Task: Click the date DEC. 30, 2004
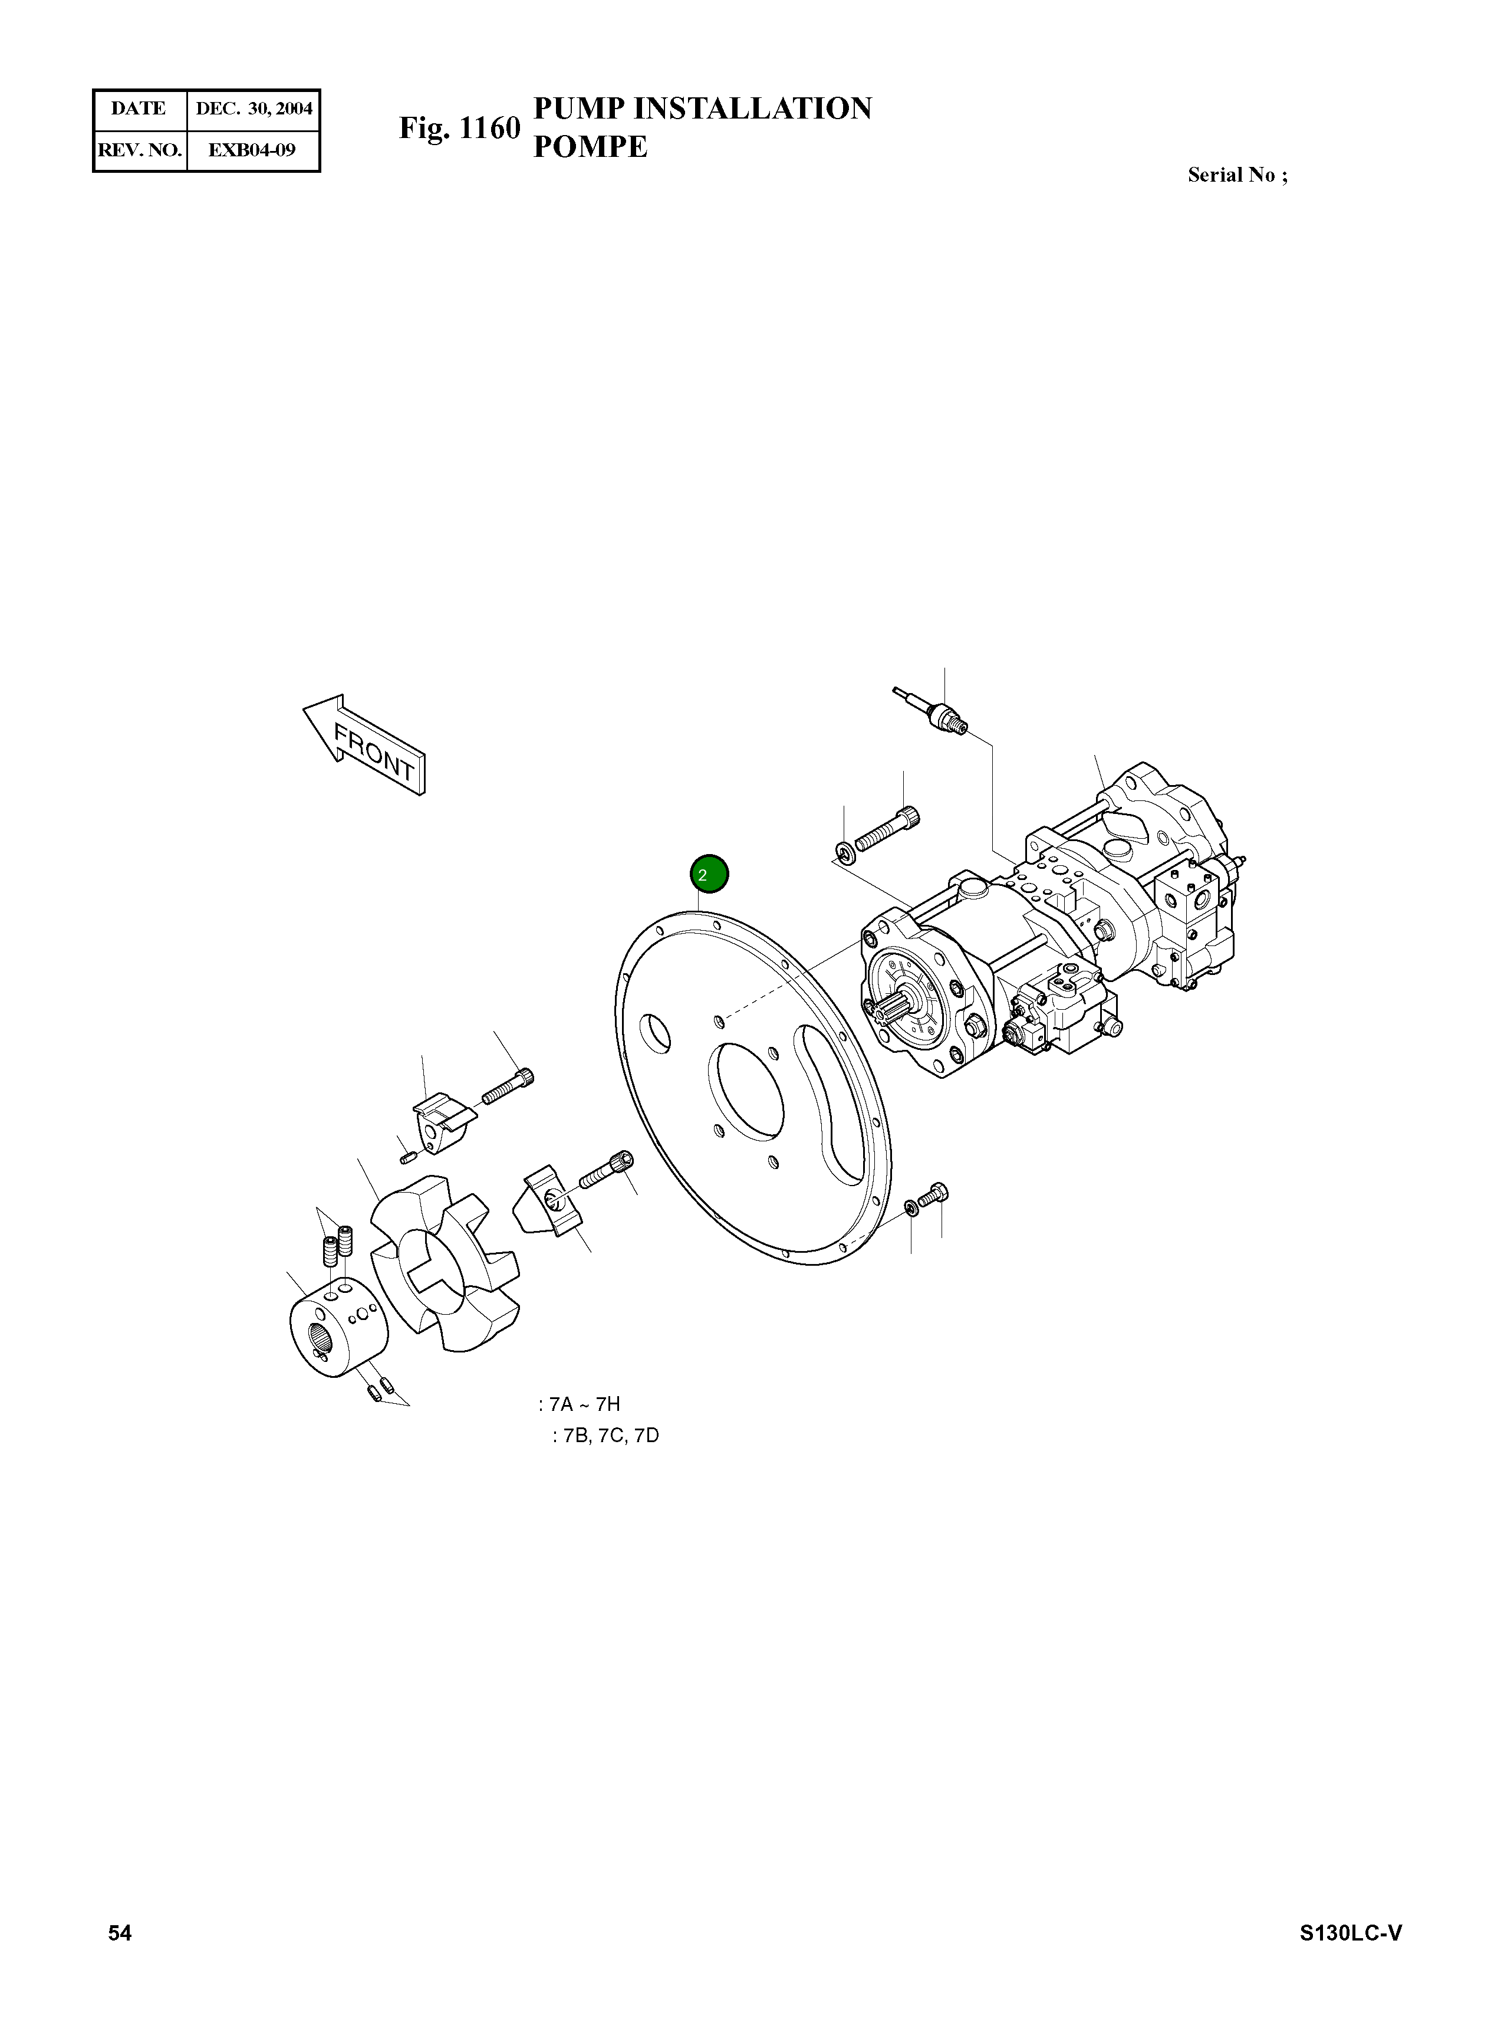click(254, 109)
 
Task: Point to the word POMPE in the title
click(590, 147)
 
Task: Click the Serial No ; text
click(1236, 175)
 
